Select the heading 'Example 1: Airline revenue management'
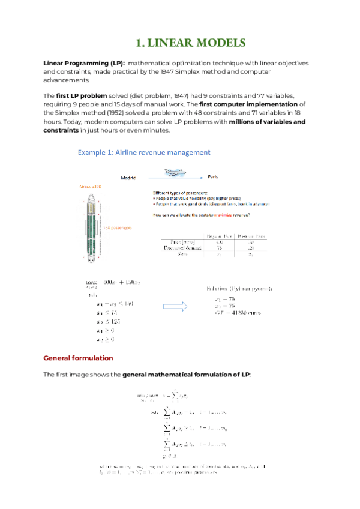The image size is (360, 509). tap(144, 152)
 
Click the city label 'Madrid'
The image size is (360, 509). tap(128, 178)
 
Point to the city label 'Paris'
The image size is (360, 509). tap(212, 178)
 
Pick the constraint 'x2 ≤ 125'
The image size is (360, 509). tap(101, 321)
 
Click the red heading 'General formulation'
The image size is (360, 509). tap(78, 358)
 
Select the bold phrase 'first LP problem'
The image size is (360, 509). tap(81, 96)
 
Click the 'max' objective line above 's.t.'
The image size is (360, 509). tap(114, 282)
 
